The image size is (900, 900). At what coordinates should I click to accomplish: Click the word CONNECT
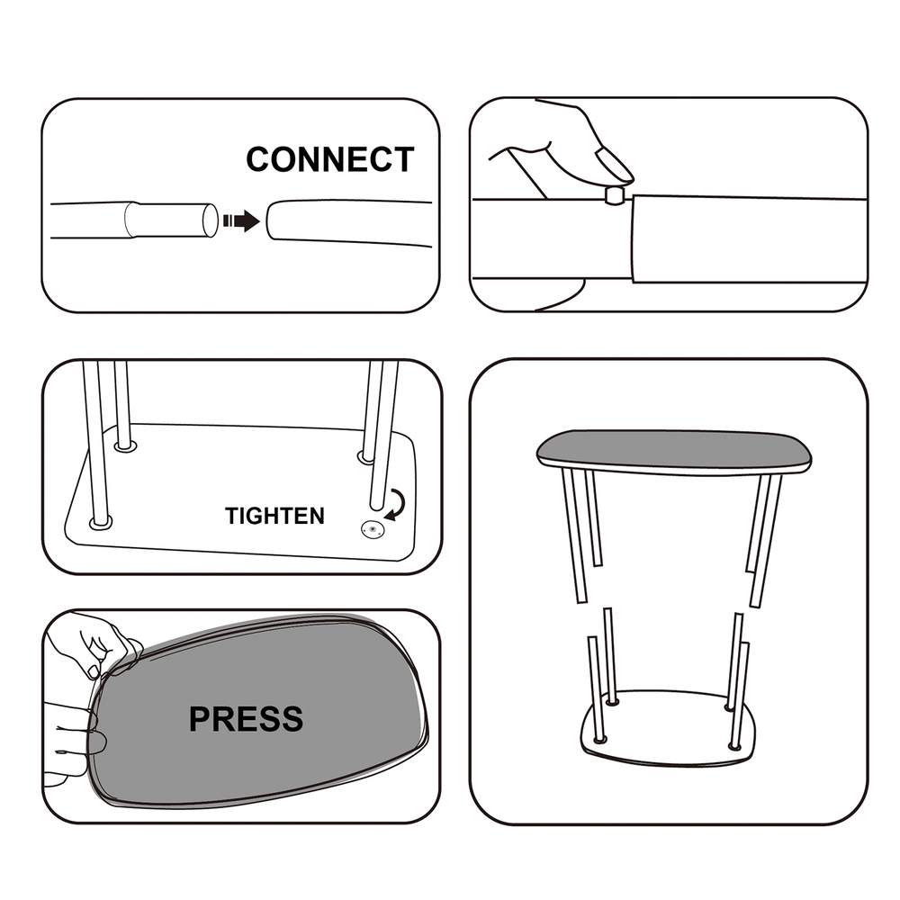click(x=330, y=159)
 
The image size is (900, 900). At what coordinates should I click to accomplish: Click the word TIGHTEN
click(x=274, y=516)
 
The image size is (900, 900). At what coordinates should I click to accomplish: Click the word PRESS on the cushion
click(x=246, y=718)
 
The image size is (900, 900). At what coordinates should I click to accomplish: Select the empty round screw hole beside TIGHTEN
click(x=373, y=529)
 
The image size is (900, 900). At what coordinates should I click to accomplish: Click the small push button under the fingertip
click(x=616, y=195)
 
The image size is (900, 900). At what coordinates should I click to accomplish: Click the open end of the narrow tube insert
click(x=210, y=220)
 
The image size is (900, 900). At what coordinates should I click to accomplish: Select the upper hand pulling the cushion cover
click(x=92, y=642)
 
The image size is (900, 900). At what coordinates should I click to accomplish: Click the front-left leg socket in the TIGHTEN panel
click(x=101, y=523)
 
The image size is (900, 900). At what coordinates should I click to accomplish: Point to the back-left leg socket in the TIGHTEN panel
click(x=125, y=445)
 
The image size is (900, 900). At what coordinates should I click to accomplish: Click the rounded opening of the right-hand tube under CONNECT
click(x=272, y=220)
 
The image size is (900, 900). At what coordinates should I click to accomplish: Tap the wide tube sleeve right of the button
click(x=749, y=238)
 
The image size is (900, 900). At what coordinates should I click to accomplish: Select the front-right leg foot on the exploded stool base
click(x=734, y=746)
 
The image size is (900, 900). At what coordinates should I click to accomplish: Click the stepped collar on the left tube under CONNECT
click(x=132, y=220)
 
